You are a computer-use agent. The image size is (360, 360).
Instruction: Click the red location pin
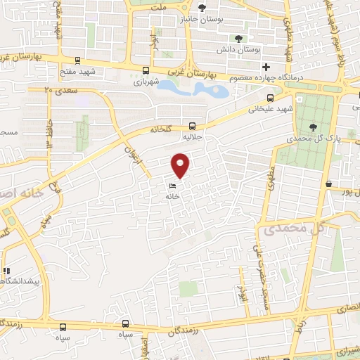pyautogui.click(x=181, y=165)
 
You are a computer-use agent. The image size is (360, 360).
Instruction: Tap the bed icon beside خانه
pyautogui.click(x=172, y=186)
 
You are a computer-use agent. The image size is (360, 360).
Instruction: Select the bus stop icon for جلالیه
pyautogui.click(x=192, y=125)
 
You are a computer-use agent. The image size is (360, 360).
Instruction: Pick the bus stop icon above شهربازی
pyautogui.click(x=146, y=70)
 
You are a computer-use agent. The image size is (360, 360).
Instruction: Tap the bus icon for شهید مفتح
pyautogui.click(x=77, y=60)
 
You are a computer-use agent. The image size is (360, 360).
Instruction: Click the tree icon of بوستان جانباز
pyautogui.click(x=202, y=8)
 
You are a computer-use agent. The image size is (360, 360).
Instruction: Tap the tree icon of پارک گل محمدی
pyautogui.click(x=312, y=127)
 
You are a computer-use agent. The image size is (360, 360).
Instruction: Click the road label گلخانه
pyautogui.click(x=160, y=130)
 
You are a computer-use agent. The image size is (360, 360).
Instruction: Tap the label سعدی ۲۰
pyautogui.click(x=58, y=90)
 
